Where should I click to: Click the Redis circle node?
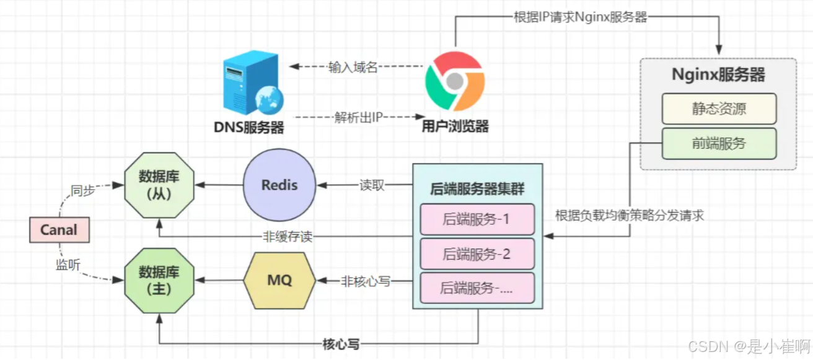click(x=279, y=185)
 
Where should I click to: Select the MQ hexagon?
click(x=279, y=280)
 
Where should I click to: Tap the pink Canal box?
click(x=59, y=230)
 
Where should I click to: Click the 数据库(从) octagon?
click(x=159, y=185)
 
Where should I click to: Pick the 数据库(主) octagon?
click(x=159, y=280)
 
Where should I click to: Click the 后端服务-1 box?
click(x=477, y=219)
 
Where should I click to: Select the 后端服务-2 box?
click(x=477, y=253)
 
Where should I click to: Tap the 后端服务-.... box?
click(x=477, y=288)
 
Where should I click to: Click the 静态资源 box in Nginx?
click(x=718, y=108)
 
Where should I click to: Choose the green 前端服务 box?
click(x=718, y=143)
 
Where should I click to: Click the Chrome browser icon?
click(x=454, y=81)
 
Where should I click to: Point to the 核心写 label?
click(x=341, y=345)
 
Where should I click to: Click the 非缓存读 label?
click(x=286, y=237)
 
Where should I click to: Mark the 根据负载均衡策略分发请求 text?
click(x=629, y=216)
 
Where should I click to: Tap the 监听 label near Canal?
click(x=68, y=265)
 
